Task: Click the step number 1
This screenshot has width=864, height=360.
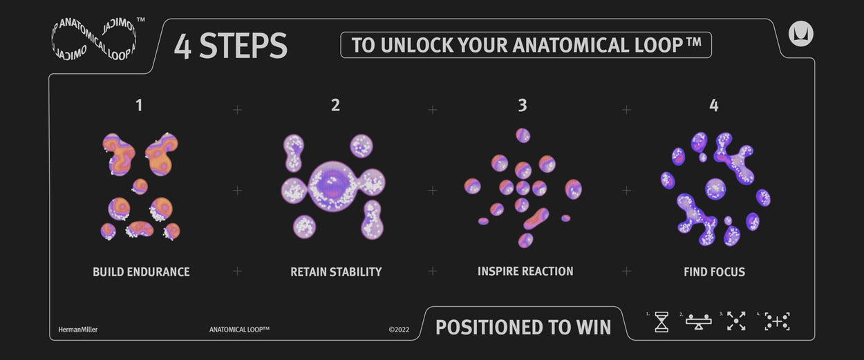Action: [139, 105]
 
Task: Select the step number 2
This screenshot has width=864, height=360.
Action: [335, 105]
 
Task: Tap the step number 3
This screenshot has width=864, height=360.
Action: [523, 105]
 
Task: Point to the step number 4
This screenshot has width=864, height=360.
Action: [714, 105]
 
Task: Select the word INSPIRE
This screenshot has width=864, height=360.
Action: [496, 272]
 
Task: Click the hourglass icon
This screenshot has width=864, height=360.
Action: [661, 322]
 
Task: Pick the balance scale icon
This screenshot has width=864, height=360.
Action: [699, 322]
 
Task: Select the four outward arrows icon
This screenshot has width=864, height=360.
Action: [736, 321]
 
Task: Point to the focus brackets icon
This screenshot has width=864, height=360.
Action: [777, 321]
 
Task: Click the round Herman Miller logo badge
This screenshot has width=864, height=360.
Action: [800, 34]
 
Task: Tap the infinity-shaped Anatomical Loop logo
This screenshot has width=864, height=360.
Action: [94, 39]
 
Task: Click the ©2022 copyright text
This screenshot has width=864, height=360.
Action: [399, 330]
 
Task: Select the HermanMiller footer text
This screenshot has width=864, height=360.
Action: [78, 330]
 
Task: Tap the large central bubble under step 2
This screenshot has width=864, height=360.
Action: [333, 186]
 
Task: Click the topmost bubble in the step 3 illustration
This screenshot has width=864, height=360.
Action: [523, 135]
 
